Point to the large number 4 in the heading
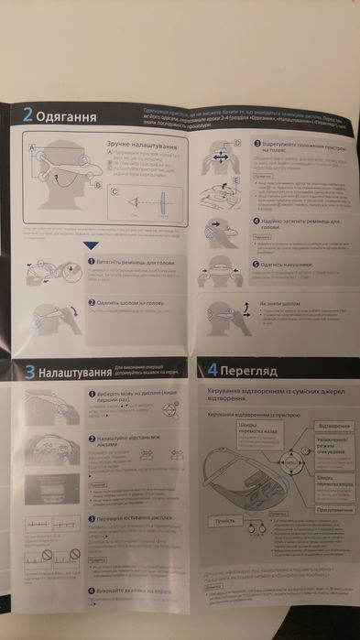click(213, 371)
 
